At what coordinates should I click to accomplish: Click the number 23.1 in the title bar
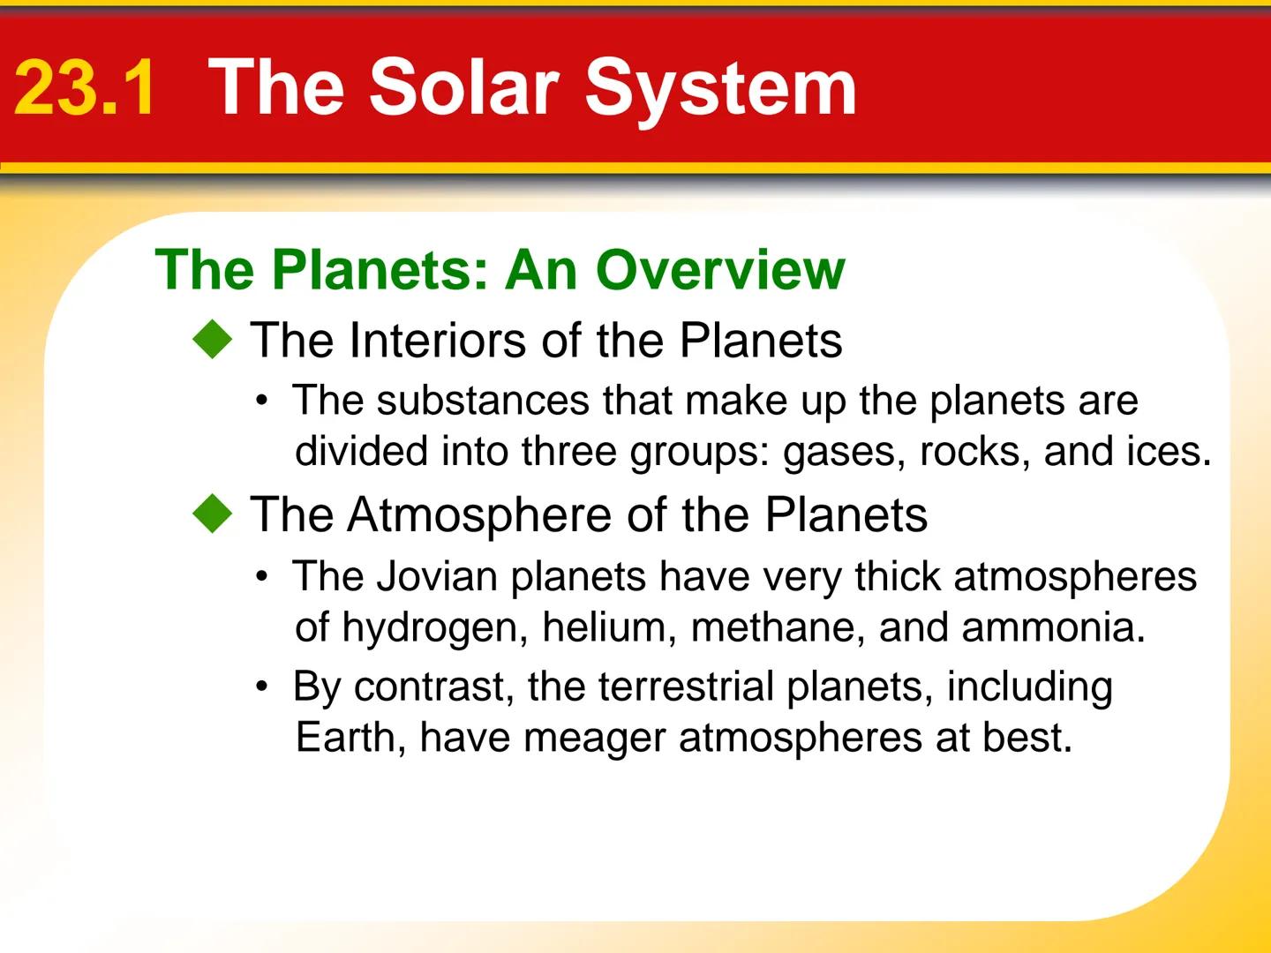click(85, 87)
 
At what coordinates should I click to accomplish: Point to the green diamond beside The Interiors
click(213, 341)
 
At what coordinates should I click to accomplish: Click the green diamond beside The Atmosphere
click(213, 514)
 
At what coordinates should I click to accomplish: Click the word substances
click(483, 401)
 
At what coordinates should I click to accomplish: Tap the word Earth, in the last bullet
click(350, 738)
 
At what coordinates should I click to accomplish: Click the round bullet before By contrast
click(261, 687)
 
